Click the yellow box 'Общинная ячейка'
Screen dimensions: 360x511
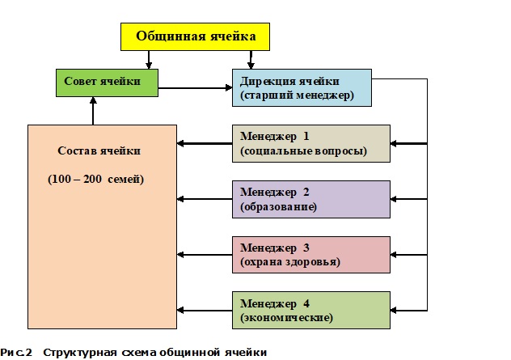click(195, 37)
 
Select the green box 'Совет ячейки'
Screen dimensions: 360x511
click(106, 81)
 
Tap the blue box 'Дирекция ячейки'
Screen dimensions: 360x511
click(302, 88)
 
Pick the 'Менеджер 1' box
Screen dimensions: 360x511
click(310, 143)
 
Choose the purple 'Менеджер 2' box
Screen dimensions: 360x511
click(310, 199)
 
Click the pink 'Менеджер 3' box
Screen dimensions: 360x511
click(310, 255)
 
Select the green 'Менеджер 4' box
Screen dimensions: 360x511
click(310, 310)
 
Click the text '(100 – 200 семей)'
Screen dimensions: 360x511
click(95, 179)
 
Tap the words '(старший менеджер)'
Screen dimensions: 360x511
click(298, 96)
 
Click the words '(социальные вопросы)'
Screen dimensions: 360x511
click(304, 151)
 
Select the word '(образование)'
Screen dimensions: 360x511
click(278, 207)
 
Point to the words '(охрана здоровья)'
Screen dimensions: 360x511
click(289, 263)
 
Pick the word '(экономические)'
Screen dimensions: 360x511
click(286, 318)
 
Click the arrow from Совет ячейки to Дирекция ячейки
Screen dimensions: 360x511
click(194, 86)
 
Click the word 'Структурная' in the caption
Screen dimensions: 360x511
click(75, 353)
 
